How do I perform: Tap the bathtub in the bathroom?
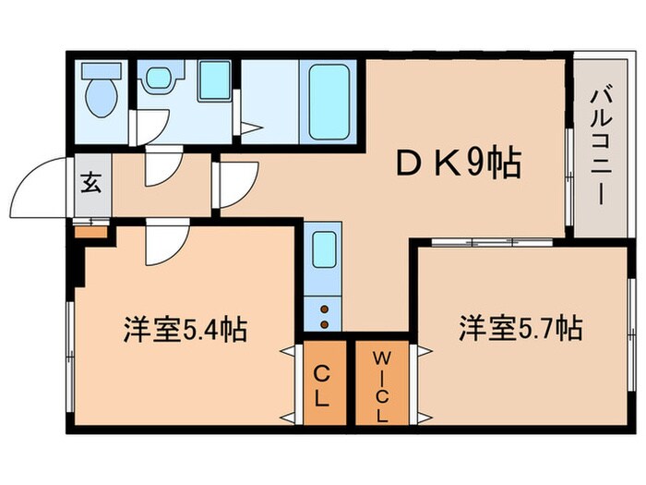(x=329, y=101)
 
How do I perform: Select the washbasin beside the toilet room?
(x=159, y=78)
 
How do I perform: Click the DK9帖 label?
(x=459, y=164)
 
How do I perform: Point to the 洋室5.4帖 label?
(x=185, y=330)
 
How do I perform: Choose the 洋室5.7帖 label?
(x=520, y=328)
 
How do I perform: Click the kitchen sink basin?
(x=323, y=249)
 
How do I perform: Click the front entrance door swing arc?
(x=44, y=188)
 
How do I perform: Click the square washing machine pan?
(x=214, y=80)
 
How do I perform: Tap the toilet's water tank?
(x=101, y=70)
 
